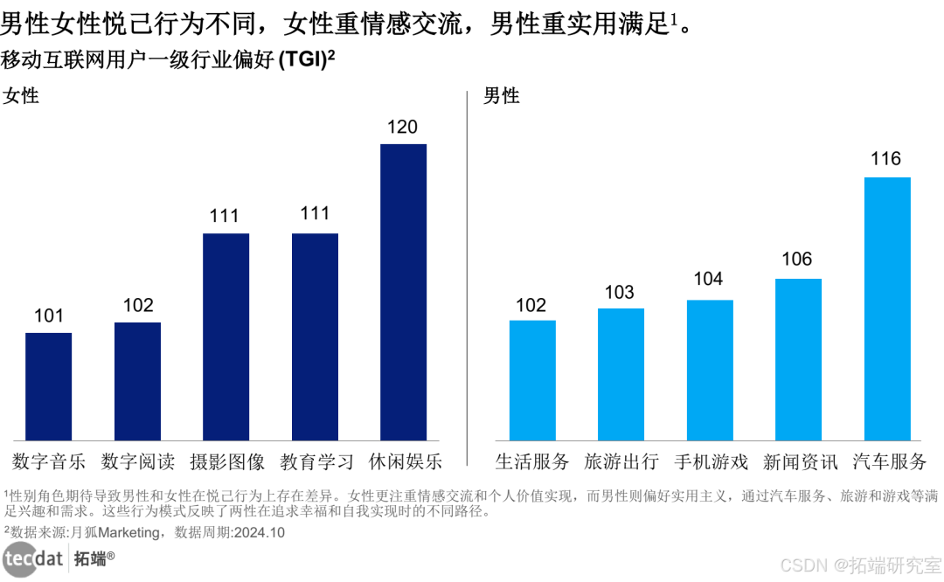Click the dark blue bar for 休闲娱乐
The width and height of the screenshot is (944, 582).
[403, 292]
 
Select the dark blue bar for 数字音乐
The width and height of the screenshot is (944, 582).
[49, 386]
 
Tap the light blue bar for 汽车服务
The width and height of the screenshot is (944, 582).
[887, 308]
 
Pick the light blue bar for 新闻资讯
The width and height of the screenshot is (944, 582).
[798, 359]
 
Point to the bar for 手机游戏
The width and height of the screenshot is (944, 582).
[710, 370]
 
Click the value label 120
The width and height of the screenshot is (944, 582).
[402, 128]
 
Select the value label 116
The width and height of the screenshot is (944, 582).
[886, 159]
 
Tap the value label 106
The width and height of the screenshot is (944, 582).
[797, 260]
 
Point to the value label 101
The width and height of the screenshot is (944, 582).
[49, 315]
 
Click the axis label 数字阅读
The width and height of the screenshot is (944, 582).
[137, 461]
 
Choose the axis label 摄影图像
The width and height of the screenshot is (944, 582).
[226, 461]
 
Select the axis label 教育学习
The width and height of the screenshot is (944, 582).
[316, 461]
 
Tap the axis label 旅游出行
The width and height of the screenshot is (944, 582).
[621, 461]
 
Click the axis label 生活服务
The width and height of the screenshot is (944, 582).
[532, 461]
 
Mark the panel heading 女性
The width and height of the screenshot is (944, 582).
[21, 95]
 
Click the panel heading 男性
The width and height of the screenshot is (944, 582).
[502, 95]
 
